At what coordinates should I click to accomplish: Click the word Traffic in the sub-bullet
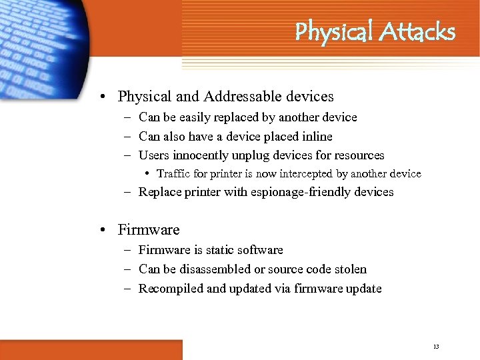click(x=175, y=174)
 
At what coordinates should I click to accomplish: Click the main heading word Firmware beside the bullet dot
click(x=149, y=230)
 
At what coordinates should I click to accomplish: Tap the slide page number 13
click(x=436, y=347)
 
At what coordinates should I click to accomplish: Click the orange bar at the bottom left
click(x=91, y=349)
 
